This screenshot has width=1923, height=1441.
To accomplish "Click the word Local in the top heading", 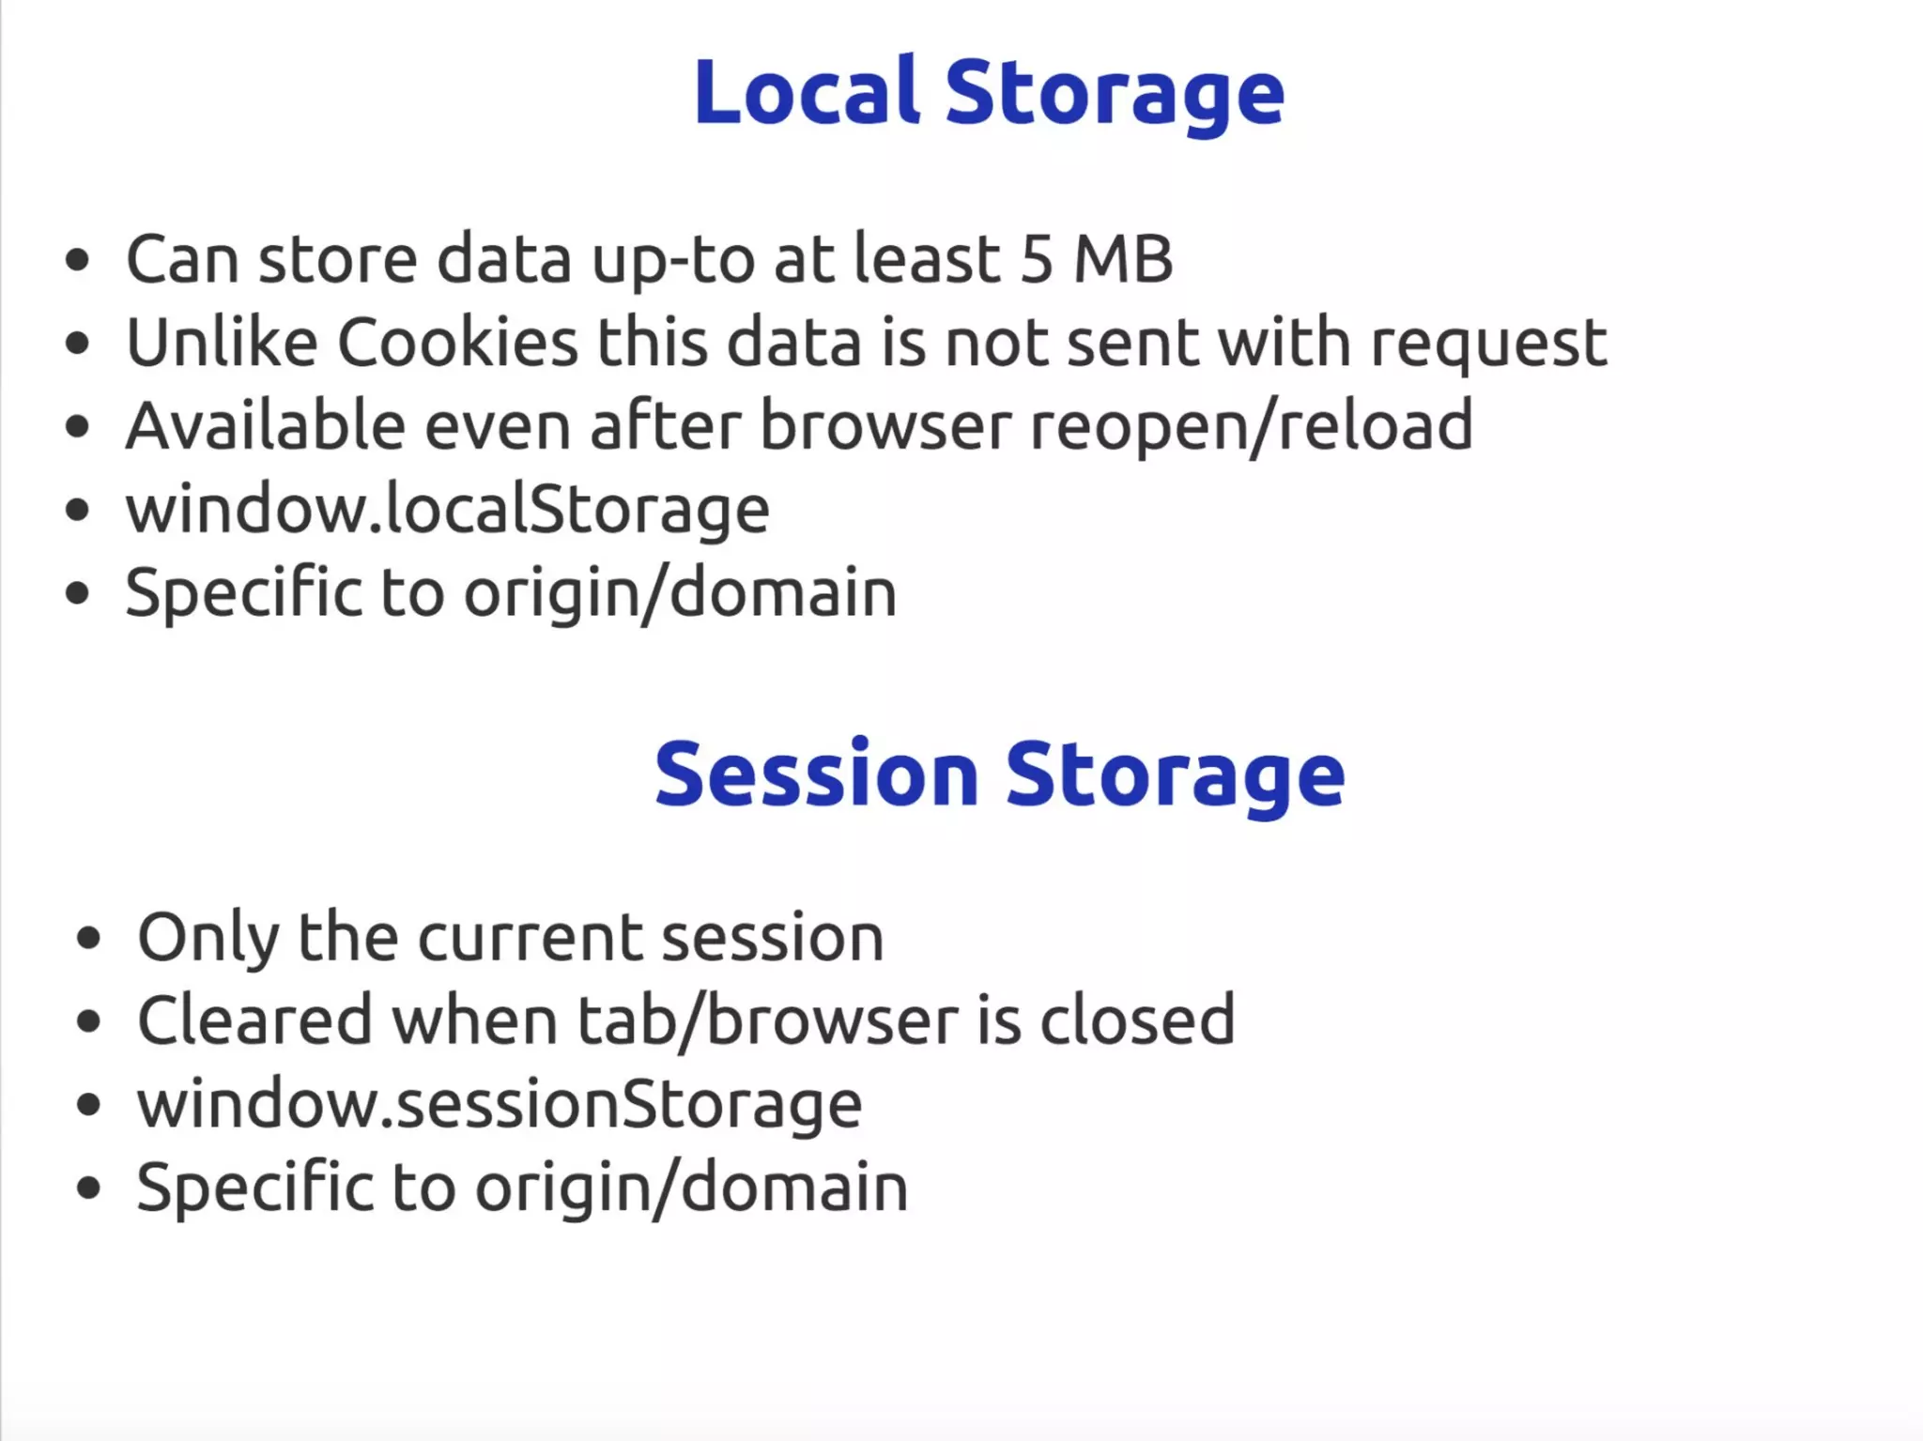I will coord(806,92).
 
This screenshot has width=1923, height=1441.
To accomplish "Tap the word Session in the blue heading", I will coord(816,774).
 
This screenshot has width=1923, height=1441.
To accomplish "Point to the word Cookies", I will coord(457,343).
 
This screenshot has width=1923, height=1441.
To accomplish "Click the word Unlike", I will coord(222,343).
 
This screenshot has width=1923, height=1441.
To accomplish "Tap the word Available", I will coord(265,426).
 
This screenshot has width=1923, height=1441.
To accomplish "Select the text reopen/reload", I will coord(1251,428).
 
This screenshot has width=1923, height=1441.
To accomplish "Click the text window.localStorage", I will coord(448,510).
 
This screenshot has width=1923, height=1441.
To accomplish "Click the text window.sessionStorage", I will coord(500,1105).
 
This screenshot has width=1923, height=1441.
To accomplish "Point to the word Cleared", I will coord(254,1020).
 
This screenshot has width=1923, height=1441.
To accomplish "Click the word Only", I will coord(208,938).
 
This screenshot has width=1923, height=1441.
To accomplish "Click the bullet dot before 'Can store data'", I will coord(78,261).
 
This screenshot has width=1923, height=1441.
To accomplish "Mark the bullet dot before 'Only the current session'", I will coord(89,938).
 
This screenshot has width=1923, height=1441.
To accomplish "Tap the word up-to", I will coord(672,261).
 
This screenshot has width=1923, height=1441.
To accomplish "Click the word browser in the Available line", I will coord(885,426).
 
